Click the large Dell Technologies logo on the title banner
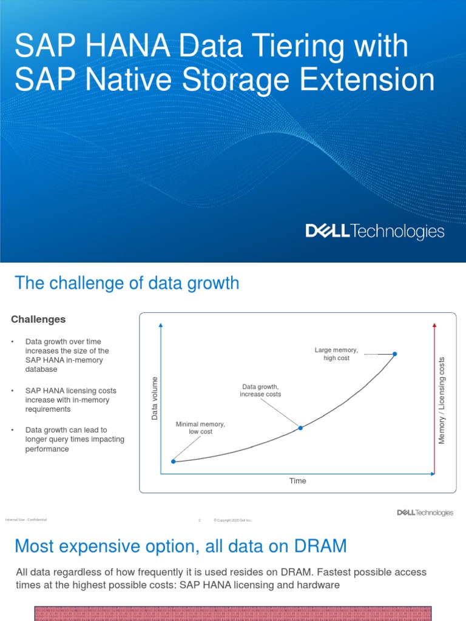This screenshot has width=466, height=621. click(374, 231)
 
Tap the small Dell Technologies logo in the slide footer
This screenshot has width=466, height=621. click(425, 512)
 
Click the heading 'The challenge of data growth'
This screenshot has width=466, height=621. click(127, 283)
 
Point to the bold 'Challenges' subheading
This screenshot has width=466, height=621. click(38, 320)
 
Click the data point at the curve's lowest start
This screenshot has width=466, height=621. click(173, 462)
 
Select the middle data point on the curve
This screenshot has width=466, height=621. click(300, 428)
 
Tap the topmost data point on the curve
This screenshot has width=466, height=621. click(395, 354)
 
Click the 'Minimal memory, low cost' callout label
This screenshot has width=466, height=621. click(200, 428)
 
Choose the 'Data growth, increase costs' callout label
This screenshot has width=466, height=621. click(260, 390)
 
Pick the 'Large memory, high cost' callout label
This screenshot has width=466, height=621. click(336, 354)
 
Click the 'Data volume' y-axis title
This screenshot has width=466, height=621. click(154, 398)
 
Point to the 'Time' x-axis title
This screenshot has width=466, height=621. click(297, 481)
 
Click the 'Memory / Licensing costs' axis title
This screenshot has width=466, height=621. click(442, 400)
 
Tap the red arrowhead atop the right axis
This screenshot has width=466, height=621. click(434, 326)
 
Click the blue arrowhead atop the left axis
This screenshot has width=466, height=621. click(161, 326)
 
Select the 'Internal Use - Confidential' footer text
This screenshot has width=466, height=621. click(25, 520)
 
